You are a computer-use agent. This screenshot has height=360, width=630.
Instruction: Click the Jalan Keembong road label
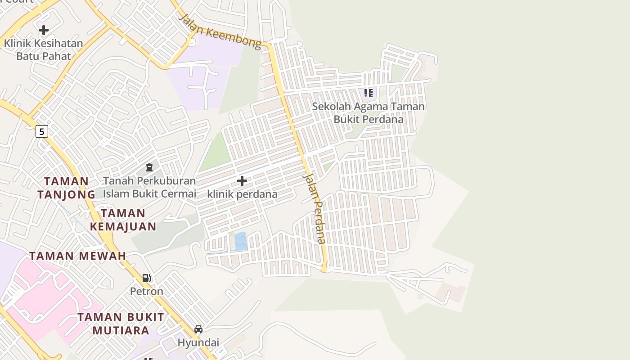tap(220, 31)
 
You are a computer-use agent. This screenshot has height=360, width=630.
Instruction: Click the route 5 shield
tap(42, 131)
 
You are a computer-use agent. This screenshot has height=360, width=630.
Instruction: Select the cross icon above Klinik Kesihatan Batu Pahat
tap(44, 30)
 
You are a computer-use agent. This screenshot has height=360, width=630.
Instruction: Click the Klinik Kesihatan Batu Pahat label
tap(44, 50)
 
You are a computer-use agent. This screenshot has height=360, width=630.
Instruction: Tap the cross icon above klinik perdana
tap(242, 181)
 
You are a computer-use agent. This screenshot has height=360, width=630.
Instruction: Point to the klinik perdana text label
tap(242, 194)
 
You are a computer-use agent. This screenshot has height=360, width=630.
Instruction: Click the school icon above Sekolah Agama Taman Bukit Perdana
tap(369, 93)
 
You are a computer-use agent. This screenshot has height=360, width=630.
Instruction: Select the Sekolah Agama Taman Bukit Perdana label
tap(368, 113)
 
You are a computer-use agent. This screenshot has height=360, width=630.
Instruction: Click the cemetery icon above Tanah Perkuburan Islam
tap(149, 167)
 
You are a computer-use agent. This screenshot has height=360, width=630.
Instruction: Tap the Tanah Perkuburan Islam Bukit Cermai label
tap(149, 187)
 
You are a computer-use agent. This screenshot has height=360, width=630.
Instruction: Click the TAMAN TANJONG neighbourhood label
tap(66, 188)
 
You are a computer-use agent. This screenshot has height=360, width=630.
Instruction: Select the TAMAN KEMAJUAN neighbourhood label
tap(123, 220)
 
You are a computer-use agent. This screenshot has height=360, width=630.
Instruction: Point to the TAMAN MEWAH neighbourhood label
tap(78, 256)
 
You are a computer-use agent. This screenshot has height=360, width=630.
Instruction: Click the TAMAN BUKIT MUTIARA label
tap(121, 324)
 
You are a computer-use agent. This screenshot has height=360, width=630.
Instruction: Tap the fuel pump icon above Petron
tap(146, 278)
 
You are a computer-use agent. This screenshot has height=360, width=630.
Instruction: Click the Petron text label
tap(146, 292)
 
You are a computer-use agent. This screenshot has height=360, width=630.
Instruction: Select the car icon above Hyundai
tap(198, 329)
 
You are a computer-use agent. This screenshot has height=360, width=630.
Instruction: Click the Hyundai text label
tap(198, 343)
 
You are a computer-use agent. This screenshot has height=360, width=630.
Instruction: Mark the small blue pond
tap(241, 242)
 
